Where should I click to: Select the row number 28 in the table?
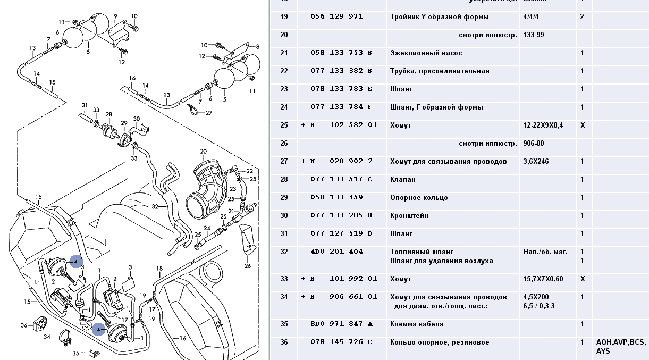(284, 180)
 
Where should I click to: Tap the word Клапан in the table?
(403, 180)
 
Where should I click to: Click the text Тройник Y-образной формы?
(439, 17)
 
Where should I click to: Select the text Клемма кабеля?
(417, 324)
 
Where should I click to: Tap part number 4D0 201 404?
(336, 252)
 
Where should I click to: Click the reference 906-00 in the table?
(534, 144)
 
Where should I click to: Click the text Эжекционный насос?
(426, 53)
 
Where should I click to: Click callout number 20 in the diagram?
(203, 152)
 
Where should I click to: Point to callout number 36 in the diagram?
(24, 325)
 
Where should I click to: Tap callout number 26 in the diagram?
(247, 266)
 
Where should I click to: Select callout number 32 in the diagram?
(155, 206)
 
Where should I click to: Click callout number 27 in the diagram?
(208, 113)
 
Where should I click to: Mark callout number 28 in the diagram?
(109, 115)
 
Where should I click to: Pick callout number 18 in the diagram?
(159, 268)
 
